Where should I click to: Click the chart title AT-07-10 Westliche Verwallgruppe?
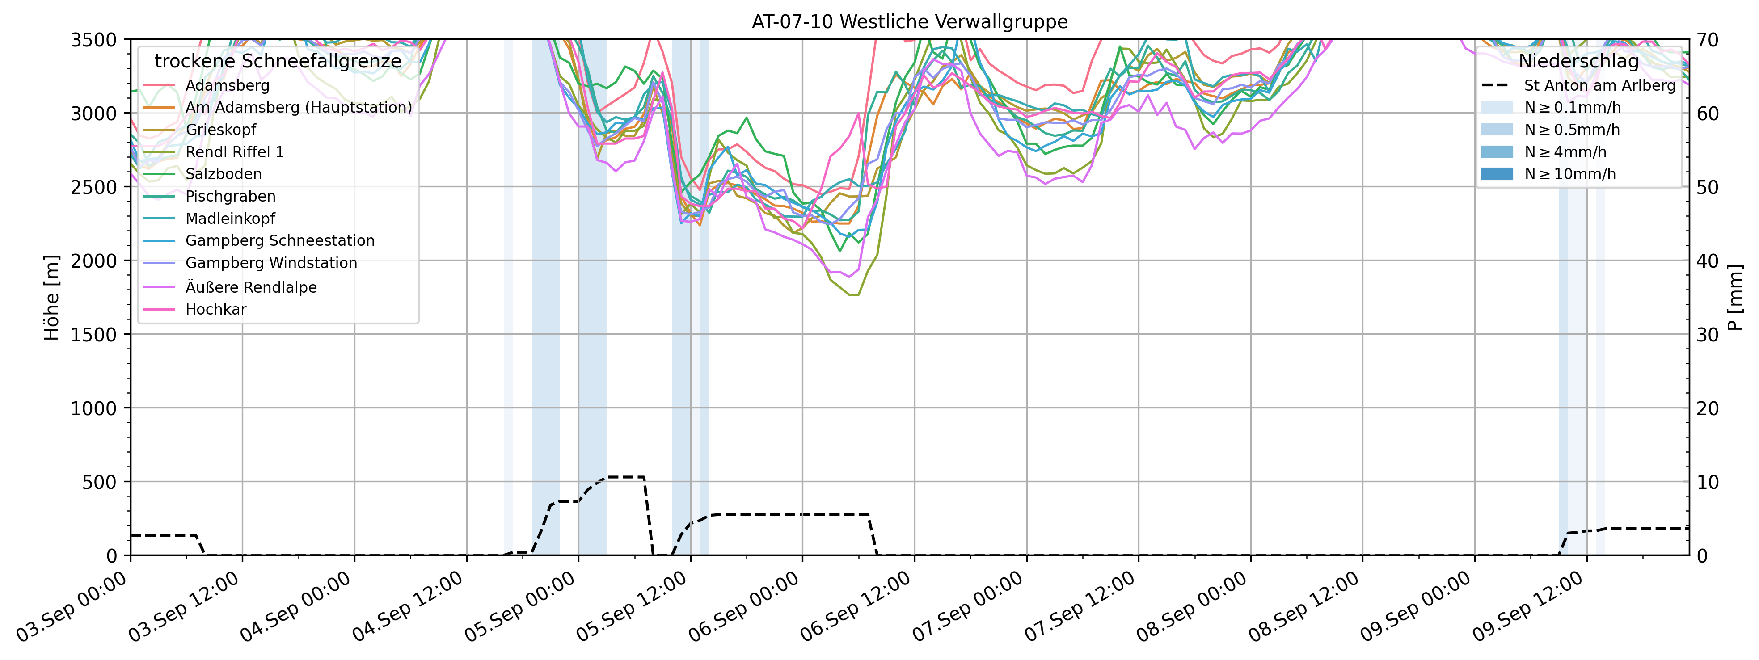(910, 22)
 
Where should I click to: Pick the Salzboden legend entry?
(224, 174)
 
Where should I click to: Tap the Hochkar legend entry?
(216, 309)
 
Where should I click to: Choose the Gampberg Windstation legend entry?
(271, 263)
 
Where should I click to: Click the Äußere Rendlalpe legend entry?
(251, 287)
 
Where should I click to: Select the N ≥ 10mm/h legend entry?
(1570, 174)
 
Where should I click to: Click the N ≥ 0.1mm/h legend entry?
(1572, 107)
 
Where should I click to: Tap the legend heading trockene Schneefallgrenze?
(278, 61)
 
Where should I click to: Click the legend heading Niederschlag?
(1578, 61)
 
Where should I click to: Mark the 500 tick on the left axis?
(102, 482)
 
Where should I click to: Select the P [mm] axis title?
(1735, 298)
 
